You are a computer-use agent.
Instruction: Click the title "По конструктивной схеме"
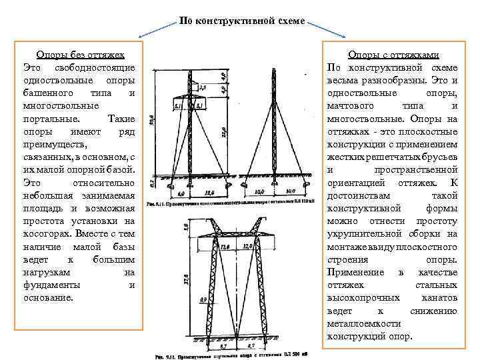[242, 21]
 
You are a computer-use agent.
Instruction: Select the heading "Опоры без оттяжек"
[79, 55]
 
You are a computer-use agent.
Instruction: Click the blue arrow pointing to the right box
[327, 29]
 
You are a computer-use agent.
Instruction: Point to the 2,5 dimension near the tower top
[202, 87]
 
